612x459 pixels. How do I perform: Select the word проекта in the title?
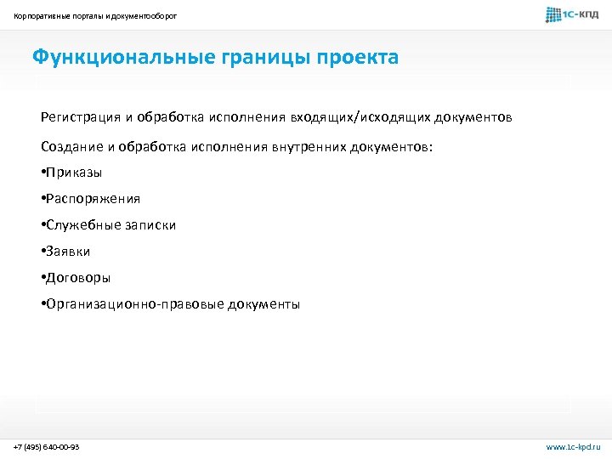pyautogui.click(x=356, y=58)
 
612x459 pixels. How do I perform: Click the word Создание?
pyautogui.click(x=71, y=146)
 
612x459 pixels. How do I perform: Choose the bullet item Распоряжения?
pyautogui.click(x=93, y=199)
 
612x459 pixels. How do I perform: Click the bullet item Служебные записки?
pyautogui.click(x=111, y=225)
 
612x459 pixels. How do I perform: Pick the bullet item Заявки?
pyautogui.click(x=69, y=252)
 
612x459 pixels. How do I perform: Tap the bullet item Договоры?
pyautogui.click(x=79, y=278)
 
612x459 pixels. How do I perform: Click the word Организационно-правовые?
pyautogui.click(x=135, y=304)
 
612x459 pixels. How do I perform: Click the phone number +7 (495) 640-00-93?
pyautogui.click(x=47, y=446)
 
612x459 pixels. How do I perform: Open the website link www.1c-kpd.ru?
pyautogui.click(x=573, y=446)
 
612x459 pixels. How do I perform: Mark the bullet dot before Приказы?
pyautogui.click(x=42, y=173)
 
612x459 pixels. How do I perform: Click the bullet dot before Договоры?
pyautogui.click(x=42, y=278)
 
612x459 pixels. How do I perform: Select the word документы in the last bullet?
pyautogui.click(x=263, y=304)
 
